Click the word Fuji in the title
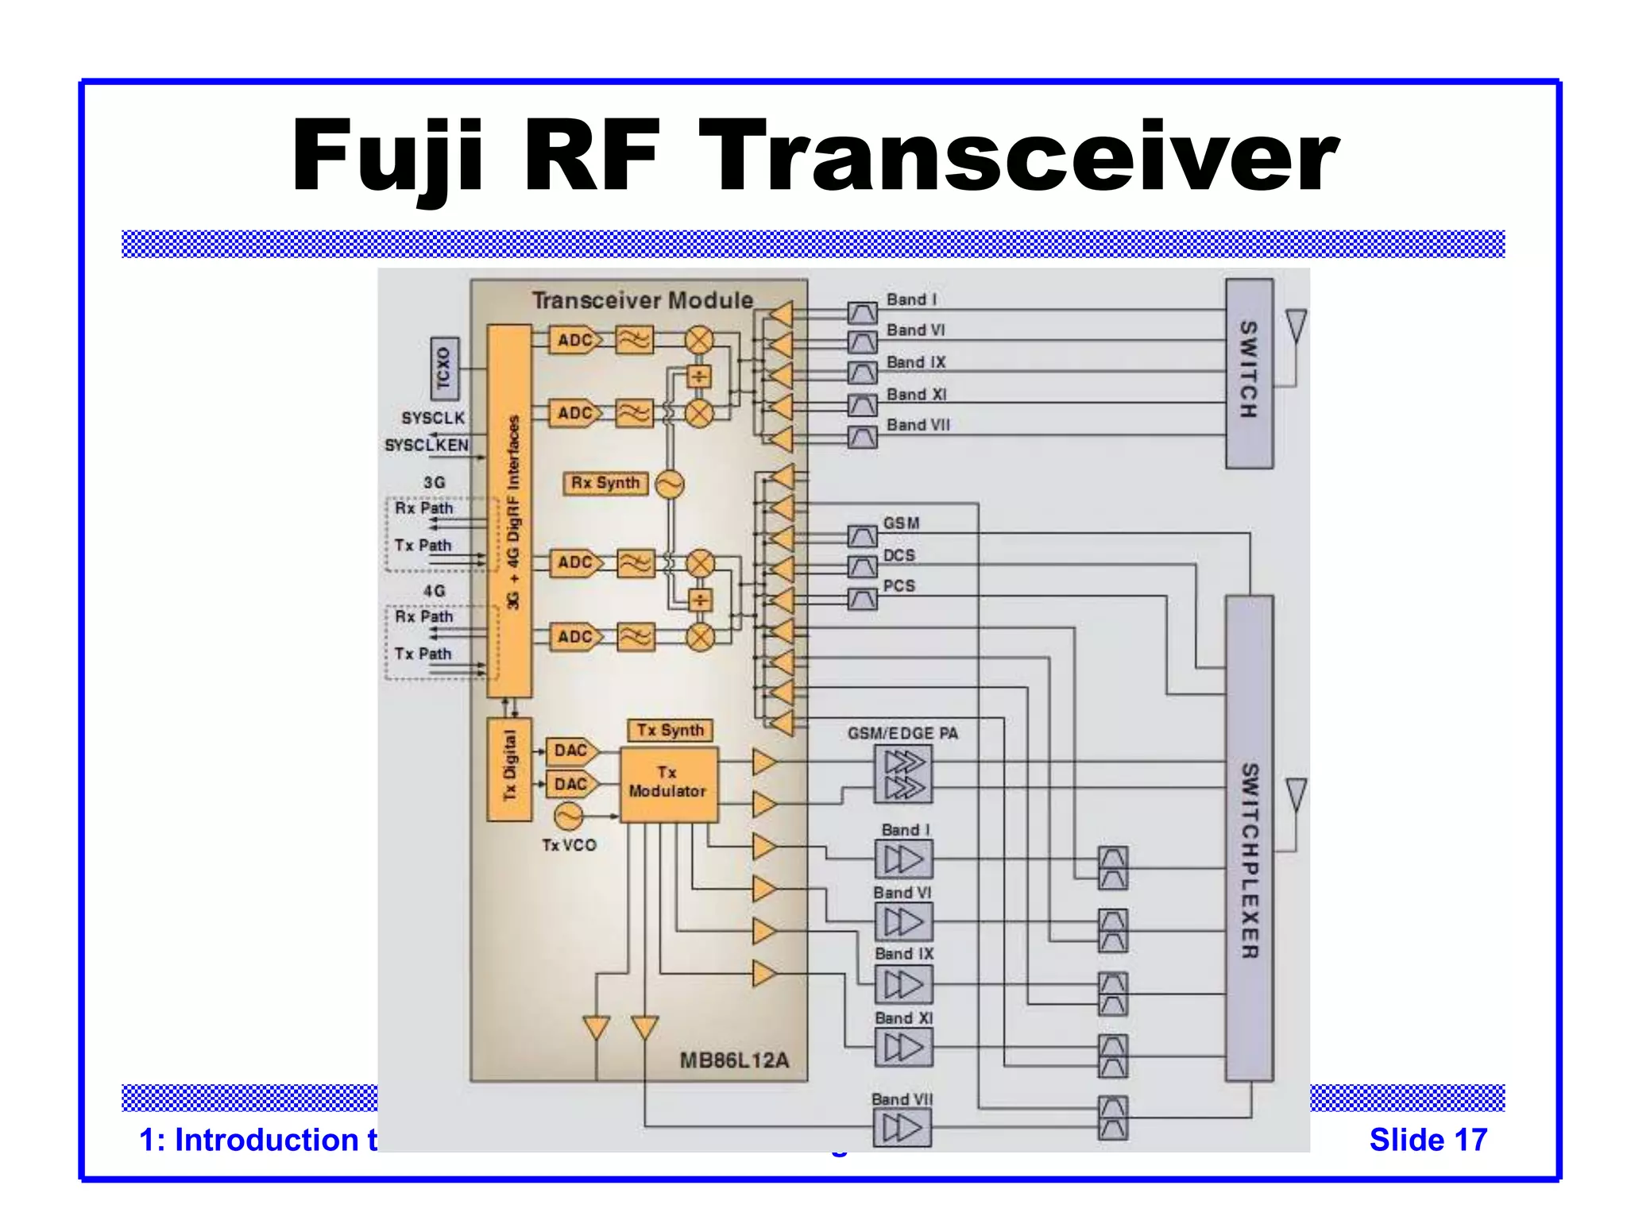387,156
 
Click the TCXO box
444,367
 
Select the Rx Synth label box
605,483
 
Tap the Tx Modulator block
668,783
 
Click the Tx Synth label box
670,730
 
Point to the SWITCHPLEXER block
1249,838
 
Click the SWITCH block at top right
1249,373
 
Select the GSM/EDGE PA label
902,733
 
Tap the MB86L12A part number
734,1060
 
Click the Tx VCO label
569,845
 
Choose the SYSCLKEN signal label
427,445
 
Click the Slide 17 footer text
1428,1140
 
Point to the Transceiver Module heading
642,300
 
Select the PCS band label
899,586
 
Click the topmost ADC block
575,340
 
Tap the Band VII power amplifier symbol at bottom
902,1128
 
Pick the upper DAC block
570,751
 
